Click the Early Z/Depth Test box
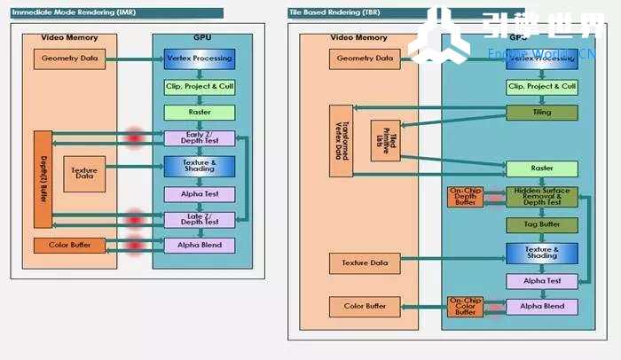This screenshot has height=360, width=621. [x=200, y=138]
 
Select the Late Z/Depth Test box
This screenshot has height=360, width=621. [x=200, y=219]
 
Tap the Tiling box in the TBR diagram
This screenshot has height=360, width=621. [x=541, y=113]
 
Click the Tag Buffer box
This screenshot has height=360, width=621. [x=541, y=225]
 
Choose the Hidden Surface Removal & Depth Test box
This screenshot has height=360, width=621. [x=541, y=197]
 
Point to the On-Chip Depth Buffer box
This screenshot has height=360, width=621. [x=465, y=197]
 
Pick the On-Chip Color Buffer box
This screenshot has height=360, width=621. [x=465, y=306]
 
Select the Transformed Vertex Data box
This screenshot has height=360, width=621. [x=341, y=139]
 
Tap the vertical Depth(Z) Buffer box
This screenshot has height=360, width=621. [x=43, y=178]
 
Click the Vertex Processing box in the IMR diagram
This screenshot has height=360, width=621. [x=200, y=59]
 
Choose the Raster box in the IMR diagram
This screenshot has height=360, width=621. [x=200, y=113]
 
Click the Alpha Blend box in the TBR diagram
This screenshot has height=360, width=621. [x=541, y=306]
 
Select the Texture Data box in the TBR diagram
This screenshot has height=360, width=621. [x=364, y=262]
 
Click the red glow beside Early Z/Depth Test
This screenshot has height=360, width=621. [x=135, y=137]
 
